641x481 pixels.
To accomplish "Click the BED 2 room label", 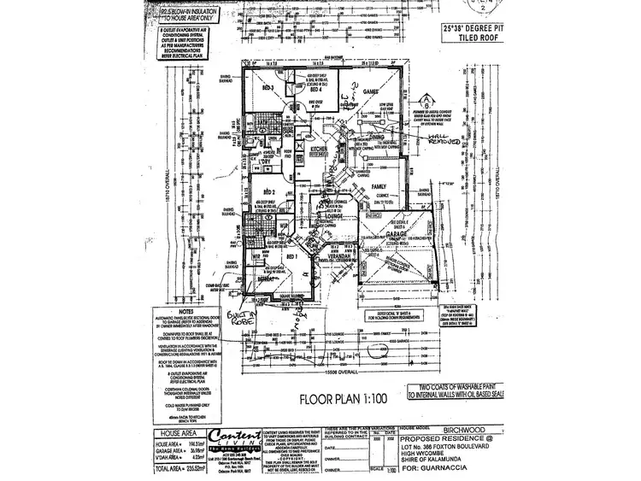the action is pos(268,192).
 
